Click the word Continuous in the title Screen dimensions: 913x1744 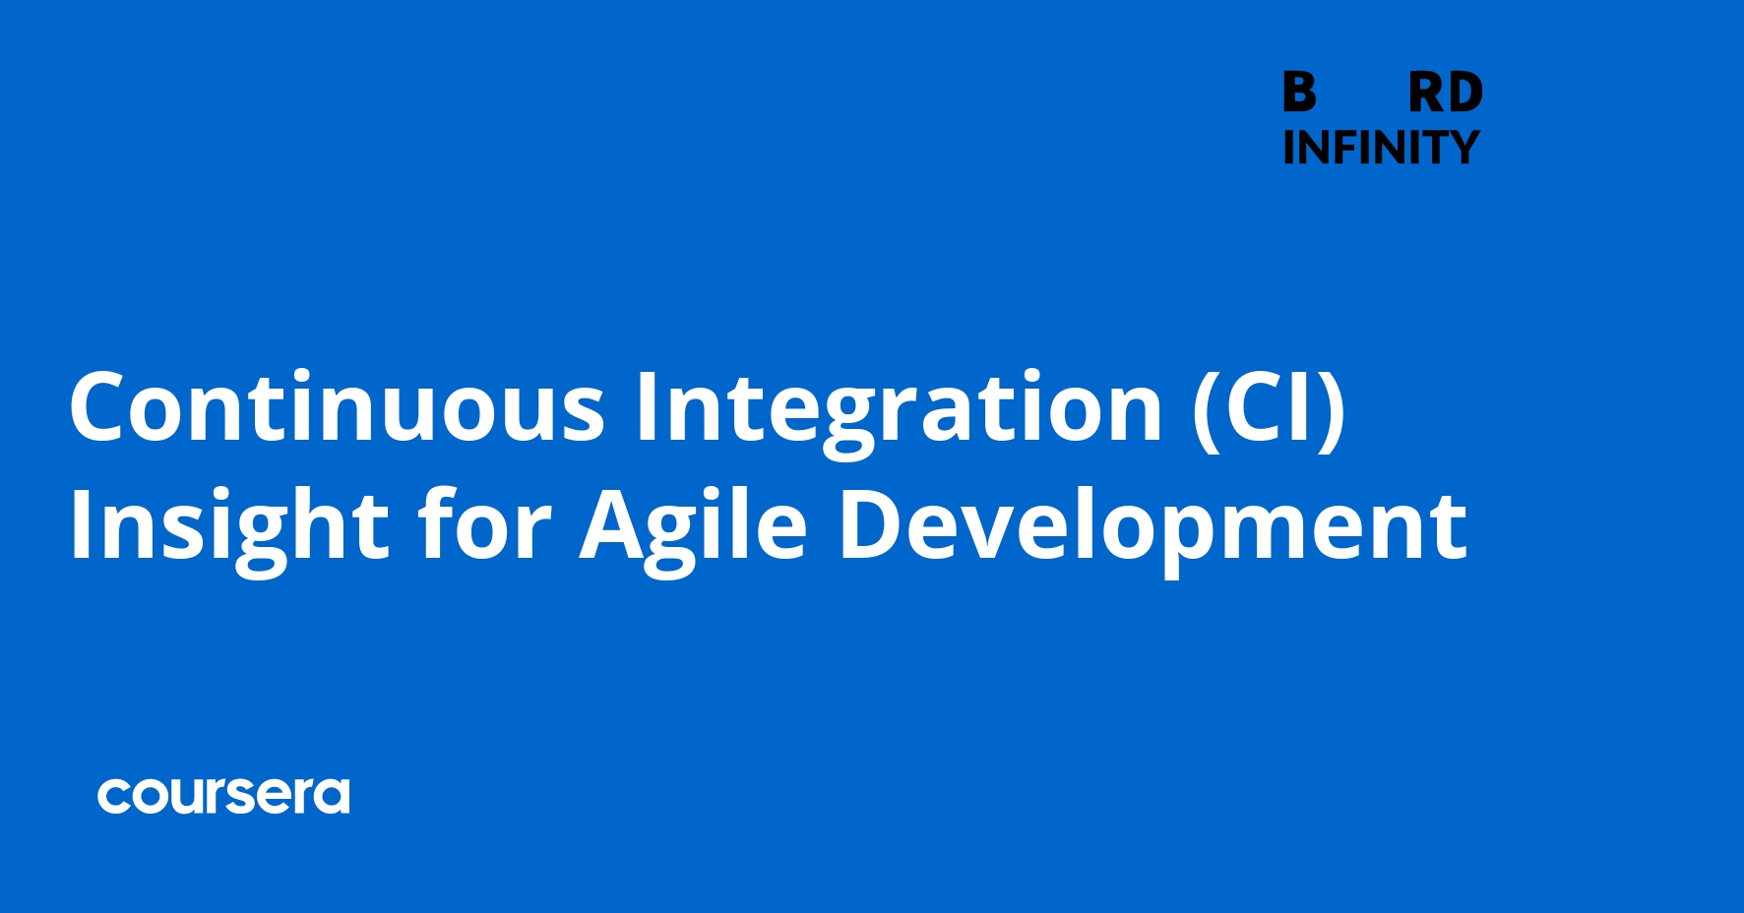[x=337, y=406]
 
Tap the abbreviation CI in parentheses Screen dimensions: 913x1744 [x=1269, y=406]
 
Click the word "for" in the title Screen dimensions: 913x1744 [x=483, y=524]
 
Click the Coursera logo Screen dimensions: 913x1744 [x=223, y=796]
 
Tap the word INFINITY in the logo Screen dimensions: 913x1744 [x=1381, y=148]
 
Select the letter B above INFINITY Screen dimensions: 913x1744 [x=1299, y=93]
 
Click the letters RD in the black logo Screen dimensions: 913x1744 [x=1445, y=93]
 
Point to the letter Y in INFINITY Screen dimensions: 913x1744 [x=1463, y=148]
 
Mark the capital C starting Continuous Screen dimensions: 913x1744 [x=100, y=406]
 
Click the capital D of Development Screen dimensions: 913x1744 [x=873, y=524]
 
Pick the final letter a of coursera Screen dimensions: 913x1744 [x=333, y=797]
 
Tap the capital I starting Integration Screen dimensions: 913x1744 [x=645, y=406]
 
